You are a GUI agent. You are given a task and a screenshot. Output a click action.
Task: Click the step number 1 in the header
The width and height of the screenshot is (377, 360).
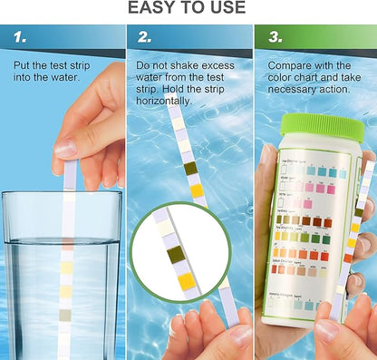click(x=21, y=37)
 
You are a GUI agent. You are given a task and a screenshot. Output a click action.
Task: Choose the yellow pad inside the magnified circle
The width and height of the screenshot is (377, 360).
click(x=187, y=281)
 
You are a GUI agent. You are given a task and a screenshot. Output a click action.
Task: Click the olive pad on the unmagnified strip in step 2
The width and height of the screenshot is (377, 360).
click(x=189, y=168)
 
